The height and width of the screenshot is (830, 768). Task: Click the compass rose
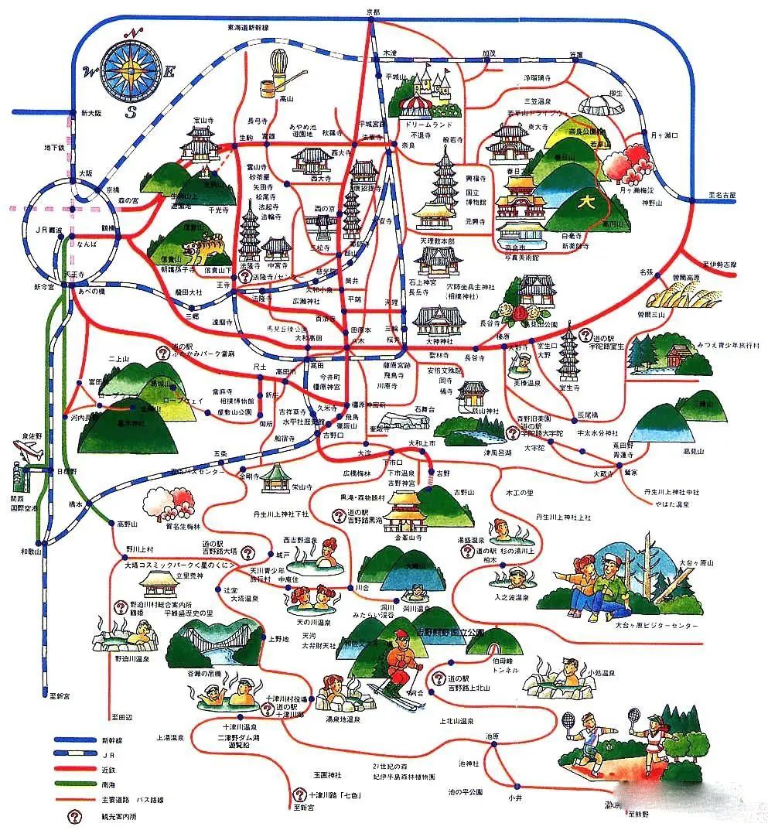coord(129,71)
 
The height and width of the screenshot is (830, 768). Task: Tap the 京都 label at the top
coord(373,12)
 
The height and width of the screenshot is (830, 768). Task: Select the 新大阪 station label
coord(91,113)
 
